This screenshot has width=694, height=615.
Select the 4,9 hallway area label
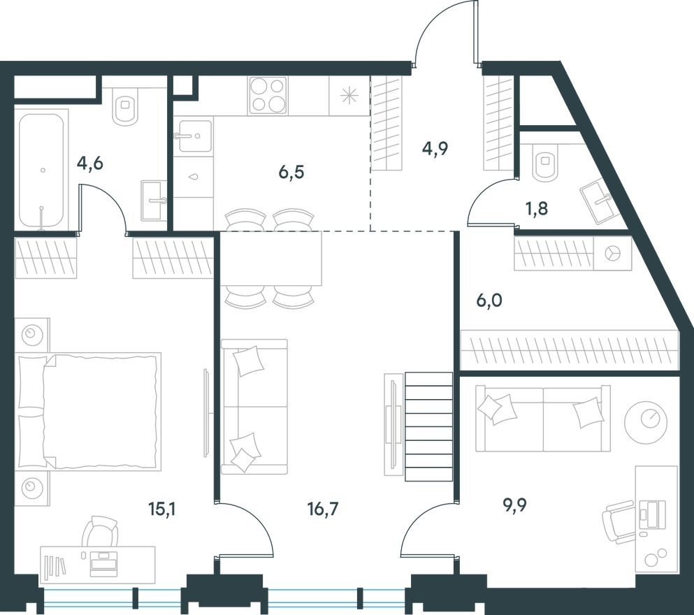click(435, 148)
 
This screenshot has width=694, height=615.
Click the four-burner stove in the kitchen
click(268, 96)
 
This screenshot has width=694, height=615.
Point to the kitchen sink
click(193, 136)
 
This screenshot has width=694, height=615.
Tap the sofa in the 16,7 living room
click(253, 406)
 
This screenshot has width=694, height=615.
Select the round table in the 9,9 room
click(646, 421)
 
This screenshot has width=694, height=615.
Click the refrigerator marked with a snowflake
click(349, 96)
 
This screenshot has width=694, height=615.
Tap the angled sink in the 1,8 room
click(595, 201)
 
